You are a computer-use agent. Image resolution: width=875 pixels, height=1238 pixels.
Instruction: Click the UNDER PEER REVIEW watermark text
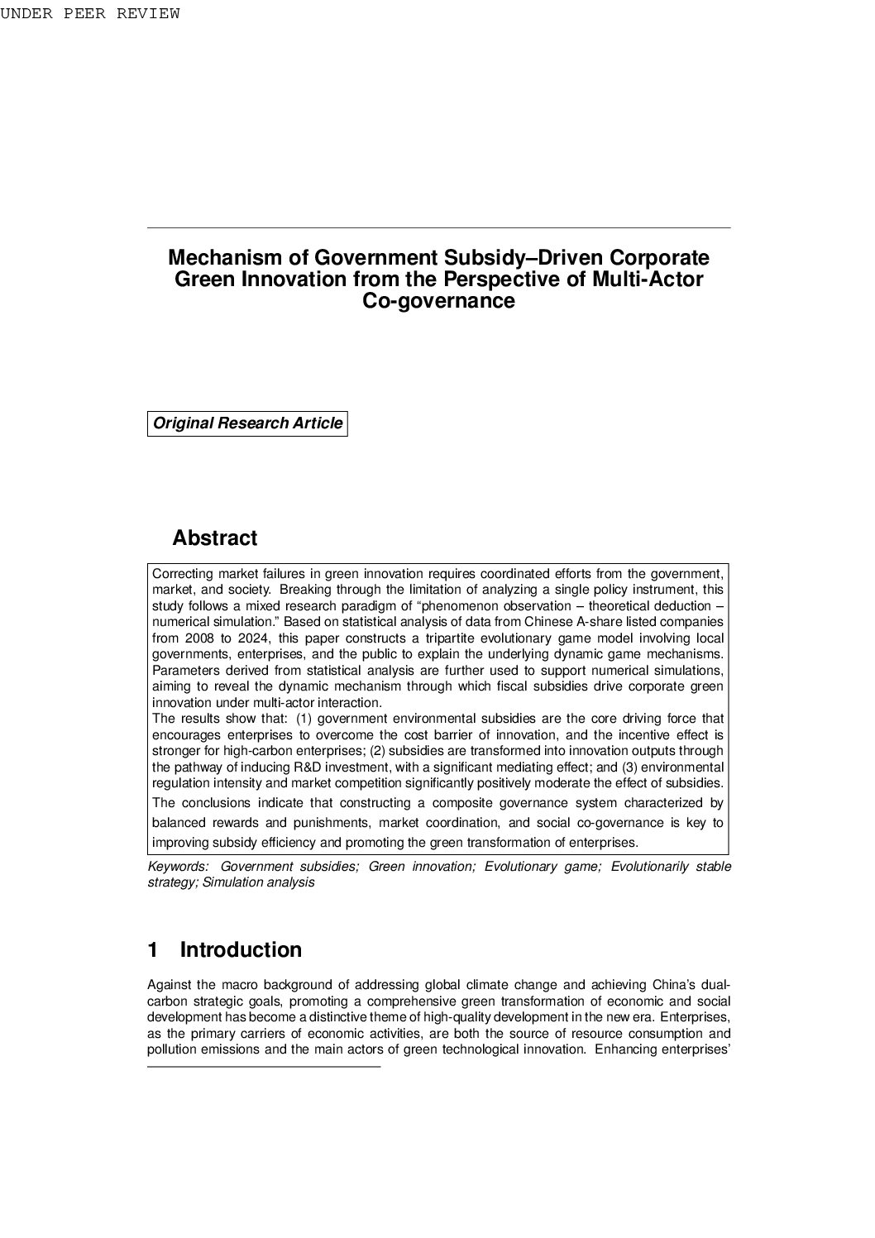pos(89,13)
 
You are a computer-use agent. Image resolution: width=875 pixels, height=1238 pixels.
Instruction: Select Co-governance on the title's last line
pos(438,301)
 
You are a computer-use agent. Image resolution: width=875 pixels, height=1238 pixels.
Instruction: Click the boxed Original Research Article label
pos(247,423)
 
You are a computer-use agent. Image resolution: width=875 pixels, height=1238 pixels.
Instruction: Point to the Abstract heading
pos(214,538)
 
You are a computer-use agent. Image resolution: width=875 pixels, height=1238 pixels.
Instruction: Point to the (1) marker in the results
pos(304,719)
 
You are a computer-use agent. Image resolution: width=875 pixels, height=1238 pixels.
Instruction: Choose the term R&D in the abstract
pos(308,767)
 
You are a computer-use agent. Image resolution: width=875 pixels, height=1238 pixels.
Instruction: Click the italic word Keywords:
pos(179,867)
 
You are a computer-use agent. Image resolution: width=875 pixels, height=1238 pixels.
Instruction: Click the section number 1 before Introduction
pos(153,950)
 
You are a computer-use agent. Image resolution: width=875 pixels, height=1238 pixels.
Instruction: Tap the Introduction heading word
pos(241,950)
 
